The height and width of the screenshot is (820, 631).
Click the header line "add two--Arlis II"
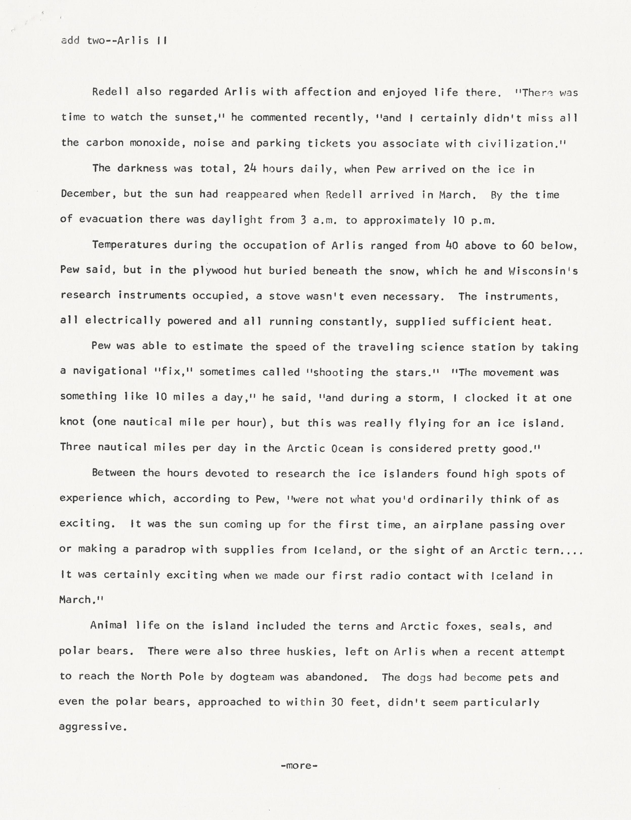click(x=114, y=40)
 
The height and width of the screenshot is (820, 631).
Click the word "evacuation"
click(x=111, y=219)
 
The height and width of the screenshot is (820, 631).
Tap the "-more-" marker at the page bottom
click(x=299, y=766)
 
